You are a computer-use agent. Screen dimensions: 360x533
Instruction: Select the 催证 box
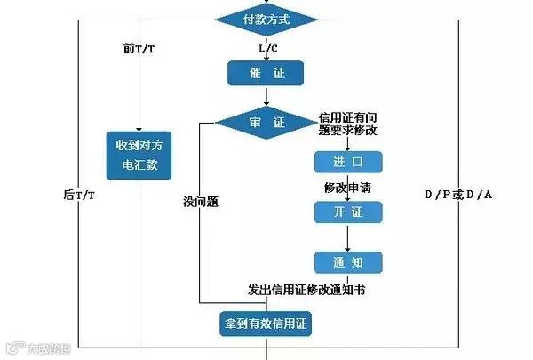266,73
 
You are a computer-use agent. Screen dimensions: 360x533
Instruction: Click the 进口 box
347,162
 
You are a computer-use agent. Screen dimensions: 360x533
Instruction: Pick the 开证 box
347,212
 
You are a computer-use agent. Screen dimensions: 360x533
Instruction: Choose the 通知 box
347,262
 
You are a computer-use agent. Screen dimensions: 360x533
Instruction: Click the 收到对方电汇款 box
138,156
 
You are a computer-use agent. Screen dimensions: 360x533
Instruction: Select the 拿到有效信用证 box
266,324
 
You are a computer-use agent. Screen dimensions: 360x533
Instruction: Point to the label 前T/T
139,47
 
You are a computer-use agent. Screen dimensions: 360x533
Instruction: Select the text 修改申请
347,188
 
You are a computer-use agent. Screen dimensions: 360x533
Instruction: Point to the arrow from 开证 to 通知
347,236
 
